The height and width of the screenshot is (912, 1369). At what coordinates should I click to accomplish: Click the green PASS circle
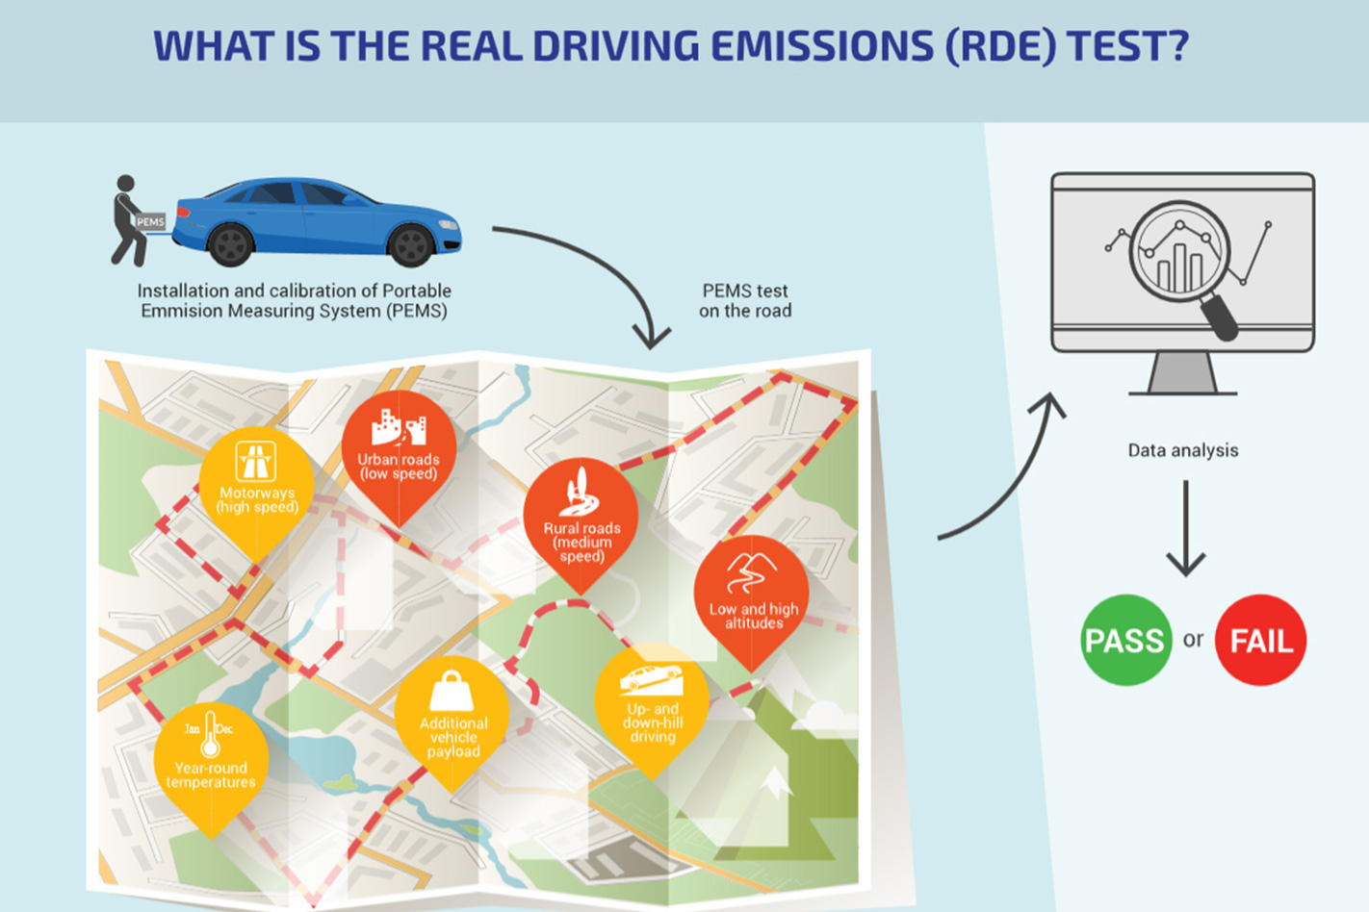point(1125,640)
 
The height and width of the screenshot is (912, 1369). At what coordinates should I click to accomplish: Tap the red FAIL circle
point(1260,640)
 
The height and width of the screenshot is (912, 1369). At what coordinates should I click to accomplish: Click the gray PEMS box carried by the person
point(150,221)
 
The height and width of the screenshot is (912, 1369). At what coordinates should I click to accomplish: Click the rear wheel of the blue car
point(230,244)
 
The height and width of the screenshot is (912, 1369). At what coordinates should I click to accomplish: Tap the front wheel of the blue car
point(411,245)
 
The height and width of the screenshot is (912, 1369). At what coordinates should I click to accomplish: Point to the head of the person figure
point(125,183)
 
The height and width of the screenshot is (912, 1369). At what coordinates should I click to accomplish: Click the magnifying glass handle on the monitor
point(1219,317)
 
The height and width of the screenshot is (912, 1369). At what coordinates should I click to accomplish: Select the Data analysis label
point(1183,451)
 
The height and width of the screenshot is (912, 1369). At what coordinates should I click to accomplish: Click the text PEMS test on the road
point(745,300)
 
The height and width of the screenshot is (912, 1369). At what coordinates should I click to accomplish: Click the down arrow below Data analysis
point(1186,528)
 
